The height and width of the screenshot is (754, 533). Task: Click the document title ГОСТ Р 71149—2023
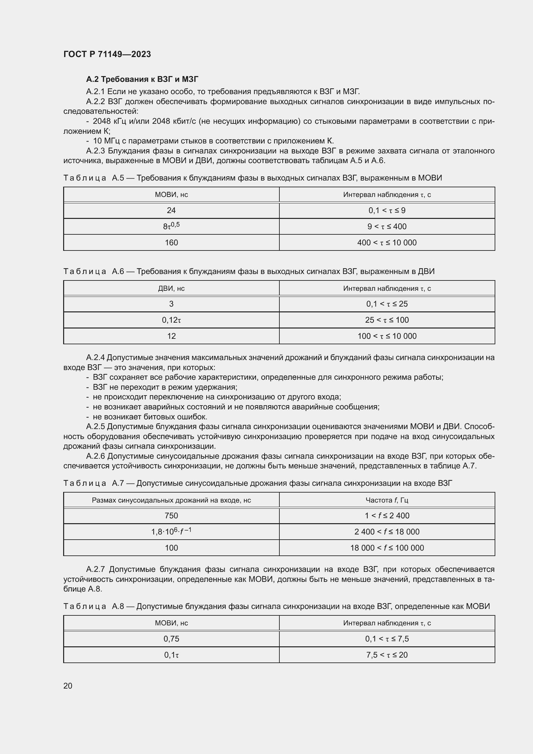click(107, 54)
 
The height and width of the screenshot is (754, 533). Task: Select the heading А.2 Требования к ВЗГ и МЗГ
click(142, 79)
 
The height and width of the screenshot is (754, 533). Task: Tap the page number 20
click(68, 686)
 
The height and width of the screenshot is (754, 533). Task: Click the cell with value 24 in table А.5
click(171, 211)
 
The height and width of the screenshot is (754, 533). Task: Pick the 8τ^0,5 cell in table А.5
click(171, 226)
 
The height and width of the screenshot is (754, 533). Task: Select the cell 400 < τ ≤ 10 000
click(387, 243)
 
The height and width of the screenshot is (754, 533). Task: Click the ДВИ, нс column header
click(171, 288)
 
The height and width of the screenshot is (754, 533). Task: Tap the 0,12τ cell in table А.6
click(171, 320)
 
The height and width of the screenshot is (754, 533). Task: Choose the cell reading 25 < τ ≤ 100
click(387, 320)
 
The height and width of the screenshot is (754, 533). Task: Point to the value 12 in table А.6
click(171, 336)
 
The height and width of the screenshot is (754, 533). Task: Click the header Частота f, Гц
click(387, 500)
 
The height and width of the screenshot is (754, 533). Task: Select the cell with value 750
click(171, 515)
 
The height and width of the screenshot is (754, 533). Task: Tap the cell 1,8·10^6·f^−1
click(171, 531)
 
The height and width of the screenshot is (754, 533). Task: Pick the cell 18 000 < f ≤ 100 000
click(387, 548)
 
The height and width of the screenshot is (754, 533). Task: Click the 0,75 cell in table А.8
click(171, 639)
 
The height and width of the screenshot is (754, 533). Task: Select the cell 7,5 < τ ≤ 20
click(387, 655)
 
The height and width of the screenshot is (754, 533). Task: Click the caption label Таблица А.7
click(93, 483)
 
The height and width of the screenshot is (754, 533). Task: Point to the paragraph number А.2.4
click(95, 357)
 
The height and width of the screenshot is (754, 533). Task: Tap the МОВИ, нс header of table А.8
click(171, 623)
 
